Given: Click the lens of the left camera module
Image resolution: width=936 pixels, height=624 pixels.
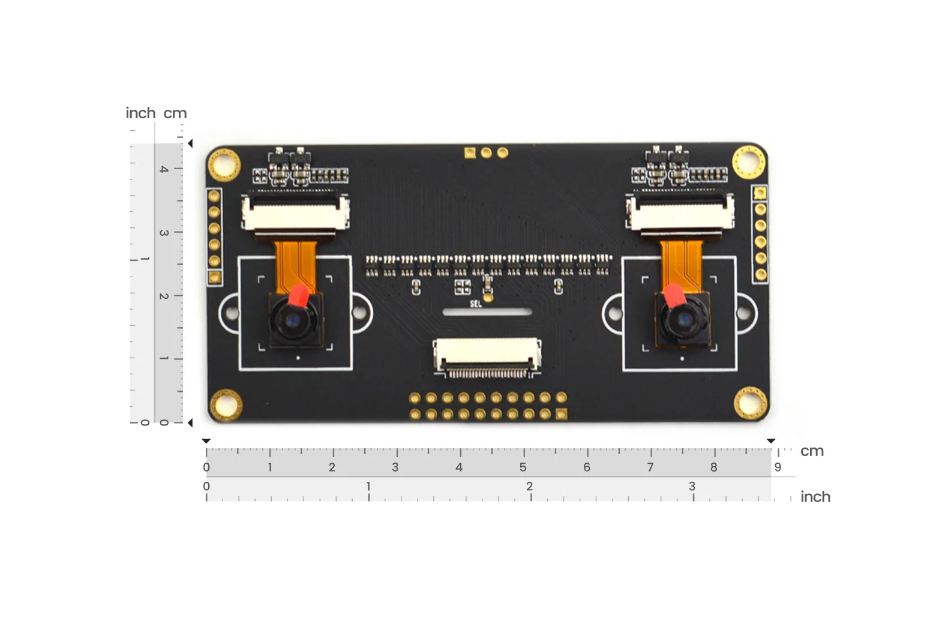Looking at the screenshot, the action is (293, 321).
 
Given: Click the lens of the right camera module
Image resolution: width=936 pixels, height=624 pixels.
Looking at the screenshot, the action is (685, 320).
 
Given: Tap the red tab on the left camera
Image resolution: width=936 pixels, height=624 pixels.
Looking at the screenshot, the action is (299, 295).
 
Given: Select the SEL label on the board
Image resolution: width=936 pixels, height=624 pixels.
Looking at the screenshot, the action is (476, 304).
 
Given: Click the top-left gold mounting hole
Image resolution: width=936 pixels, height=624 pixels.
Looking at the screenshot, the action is (224, 165).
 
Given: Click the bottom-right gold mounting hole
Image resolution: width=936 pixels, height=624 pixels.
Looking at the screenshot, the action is (751, 403).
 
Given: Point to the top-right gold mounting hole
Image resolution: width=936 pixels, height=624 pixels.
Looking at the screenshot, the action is (749, 162).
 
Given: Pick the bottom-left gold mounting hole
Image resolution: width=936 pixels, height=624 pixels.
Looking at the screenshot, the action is (226, 406).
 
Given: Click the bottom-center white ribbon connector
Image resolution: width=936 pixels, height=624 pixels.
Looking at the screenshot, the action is (487, 358).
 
